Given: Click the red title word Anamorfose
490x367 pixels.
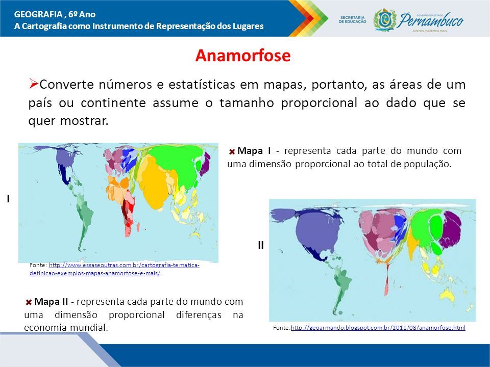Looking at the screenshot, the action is (x=243, y=56).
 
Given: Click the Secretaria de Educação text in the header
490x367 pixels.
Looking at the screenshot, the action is (x=353, y=20).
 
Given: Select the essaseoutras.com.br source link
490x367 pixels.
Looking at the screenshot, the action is (x=115, y=269).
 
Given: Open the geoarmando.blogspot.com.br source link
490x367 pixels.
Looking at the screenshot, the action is (x=378, y=328).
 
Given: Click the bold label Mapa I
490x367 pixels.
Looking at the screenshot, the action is (x=254, y=151).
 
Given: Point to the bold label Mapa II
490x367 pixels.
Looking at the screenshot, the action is (x=51, y=301).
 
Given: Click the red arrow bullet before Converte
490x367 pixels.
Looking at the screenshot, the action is (x=34, y=84).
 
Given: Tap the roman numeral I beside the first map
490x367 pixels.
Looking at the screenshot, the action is (x=8, y=199).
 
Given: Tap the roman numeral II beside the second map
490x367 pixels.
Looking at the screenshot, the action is (x=261, y=245).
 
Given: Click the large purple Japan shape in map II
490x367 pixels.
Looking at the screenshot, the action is (x=451, y=229).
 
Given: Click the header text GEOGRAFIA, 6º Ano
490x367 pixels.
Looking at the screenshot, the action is (x=55, y=14).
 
